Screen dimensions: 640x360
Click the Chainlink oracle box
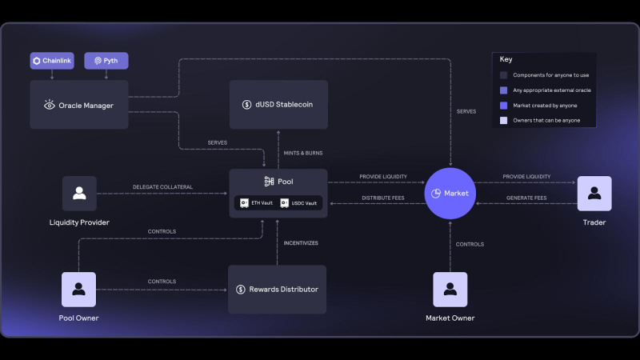[x=52, y=61]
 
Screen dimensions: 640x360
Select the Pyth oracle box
[x=106, y=61]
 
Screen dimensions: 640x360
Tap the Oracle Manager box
[x=79, y=105]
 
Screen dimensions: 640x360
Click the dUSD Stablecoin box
[x=278, y=105]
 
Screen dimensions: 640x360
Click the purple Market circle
[x=450, y=193]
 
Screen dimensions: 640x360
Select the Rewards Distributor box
[x=277, y=290]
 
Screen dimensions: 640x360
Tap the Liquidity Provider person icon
[x=79, y=194]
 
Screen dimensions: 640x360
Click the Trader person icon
[x=594, y=194]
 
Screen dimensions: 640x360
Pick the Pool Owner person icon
[x=78, y=290]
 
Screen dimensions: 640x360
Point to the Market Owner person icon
[x=450, y=290]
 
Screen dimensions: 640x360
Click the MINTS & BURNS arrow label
[x=303, y=153]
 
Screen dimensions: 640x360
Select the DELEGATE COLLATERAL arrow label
[x=162, y=187]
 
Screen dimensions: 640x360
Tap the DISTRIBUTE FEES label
[x=383, y=198]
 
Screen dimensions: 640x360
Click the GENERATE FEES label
[x=526, y=198]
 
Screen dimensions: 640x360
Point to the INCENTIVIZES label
[x=301, y=243]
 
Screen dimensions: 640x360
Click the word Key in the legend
[x=506, y=59]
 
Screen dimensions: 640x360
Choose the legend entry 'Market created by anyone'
[x=545, y=106]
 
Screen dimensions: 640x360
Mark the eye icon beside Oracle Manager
[x=50, y=105]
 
